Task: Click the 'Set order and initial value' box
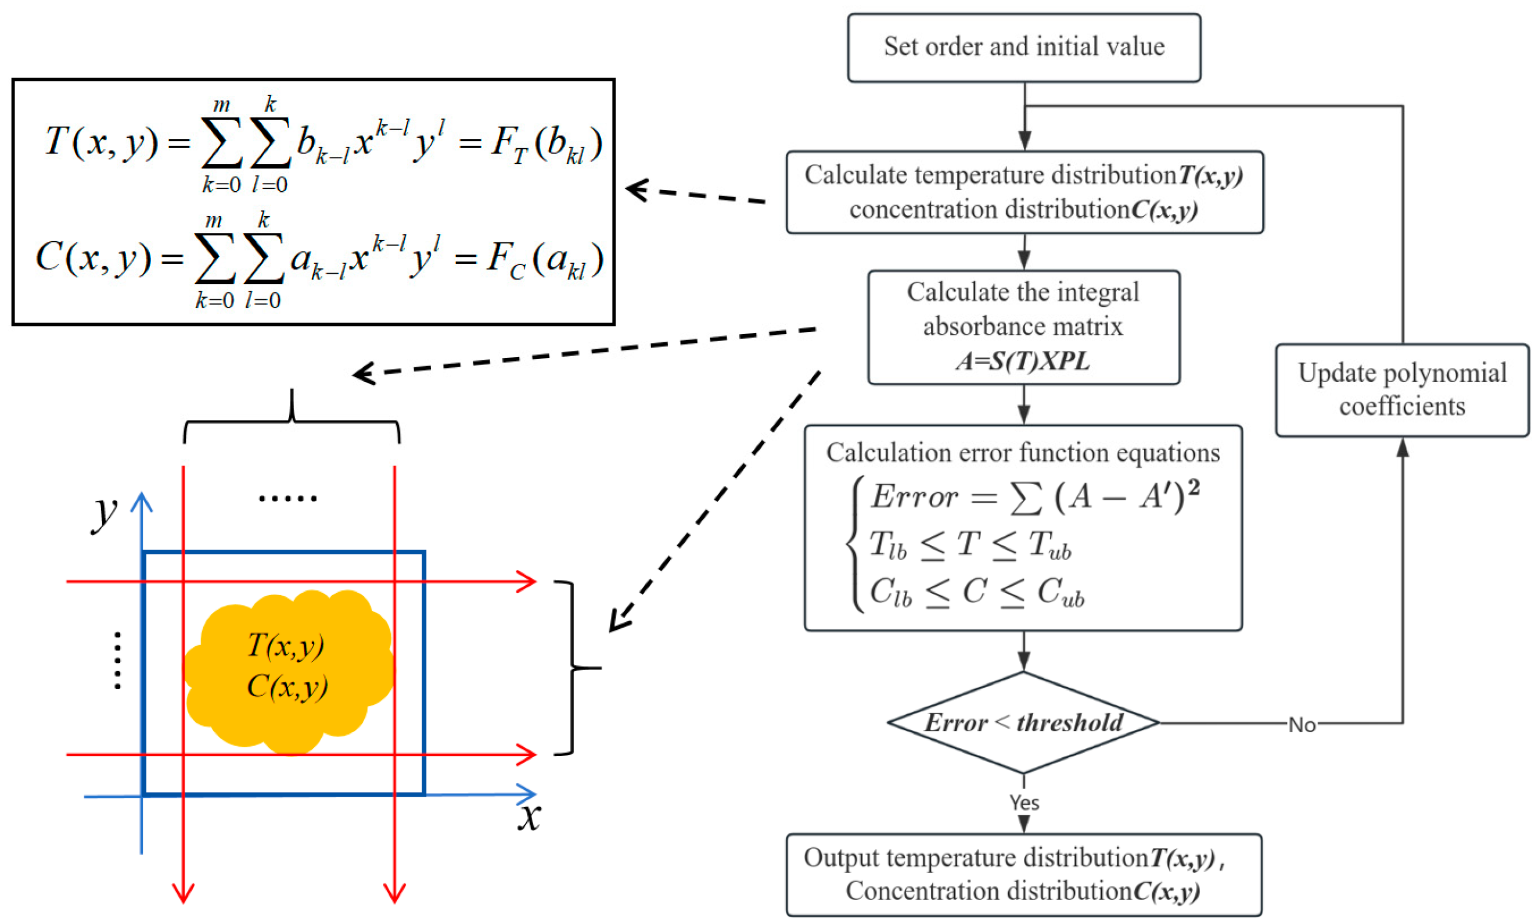1023,47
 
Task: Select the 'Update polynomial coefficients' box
1401,390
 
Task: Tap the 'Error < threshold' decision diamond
1023,722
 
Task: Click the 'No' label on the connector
1301,725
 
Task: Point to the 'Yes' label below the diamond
1023,803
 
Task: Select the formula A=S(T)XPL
1023,361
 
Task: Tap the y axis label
105,513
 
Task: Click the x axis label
529,816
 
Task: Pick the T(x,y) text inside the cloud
286,645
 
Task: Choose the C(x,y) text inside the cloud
287,687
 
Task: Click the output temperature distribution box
1023,874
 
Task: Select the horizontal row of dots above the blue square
287,498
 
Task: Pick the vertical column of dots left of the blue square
117,661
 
